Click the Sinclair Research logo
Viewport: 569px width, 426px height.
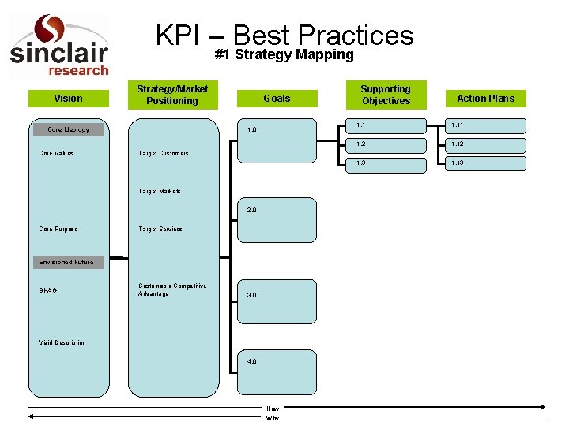(x=58, y=46)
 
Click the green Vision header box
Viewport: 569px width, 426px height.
(x=68, y=99)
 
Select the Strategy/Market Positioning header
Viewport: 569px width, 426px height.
(x=172, y=95)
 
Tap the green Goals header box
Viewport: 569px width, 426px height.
(x=277, y=99)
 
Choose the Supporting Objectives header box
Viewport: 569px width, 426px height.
(x=386, y=95)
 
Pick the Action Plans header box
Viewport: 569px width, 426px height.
(x=485, y=99)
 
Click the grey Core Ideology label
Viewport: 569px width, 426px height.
(x=68, y=129)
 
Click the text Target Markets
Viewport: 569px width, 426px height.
(x=160, y=191)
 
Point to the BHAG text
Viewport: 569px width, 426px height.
(x=48, y=290)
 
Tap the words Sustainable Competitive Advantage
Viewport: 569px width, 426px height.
(x=172, y=290)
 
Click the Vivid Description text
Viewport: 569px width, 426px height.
(x=62, y=342)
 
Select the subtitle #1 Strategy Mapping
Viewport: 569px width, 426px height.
(x=284, y=54)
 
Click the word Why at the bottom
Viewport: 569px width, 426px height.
(x=273, y=418)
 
